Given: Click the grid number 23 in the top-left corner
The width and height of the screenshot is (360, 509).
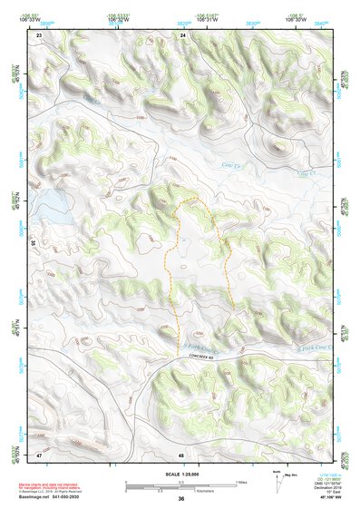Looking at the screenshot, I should coord(39,34).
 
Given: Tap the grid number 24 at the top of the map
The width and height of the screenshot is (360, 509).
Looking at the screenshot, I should coord(182,34).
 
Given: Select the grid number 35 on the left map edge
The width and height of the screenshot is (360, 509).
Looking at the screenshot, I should coord(33,243).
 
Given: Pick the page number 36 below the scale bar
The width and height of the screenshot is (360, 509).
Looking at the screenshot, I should coord(181,498).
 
